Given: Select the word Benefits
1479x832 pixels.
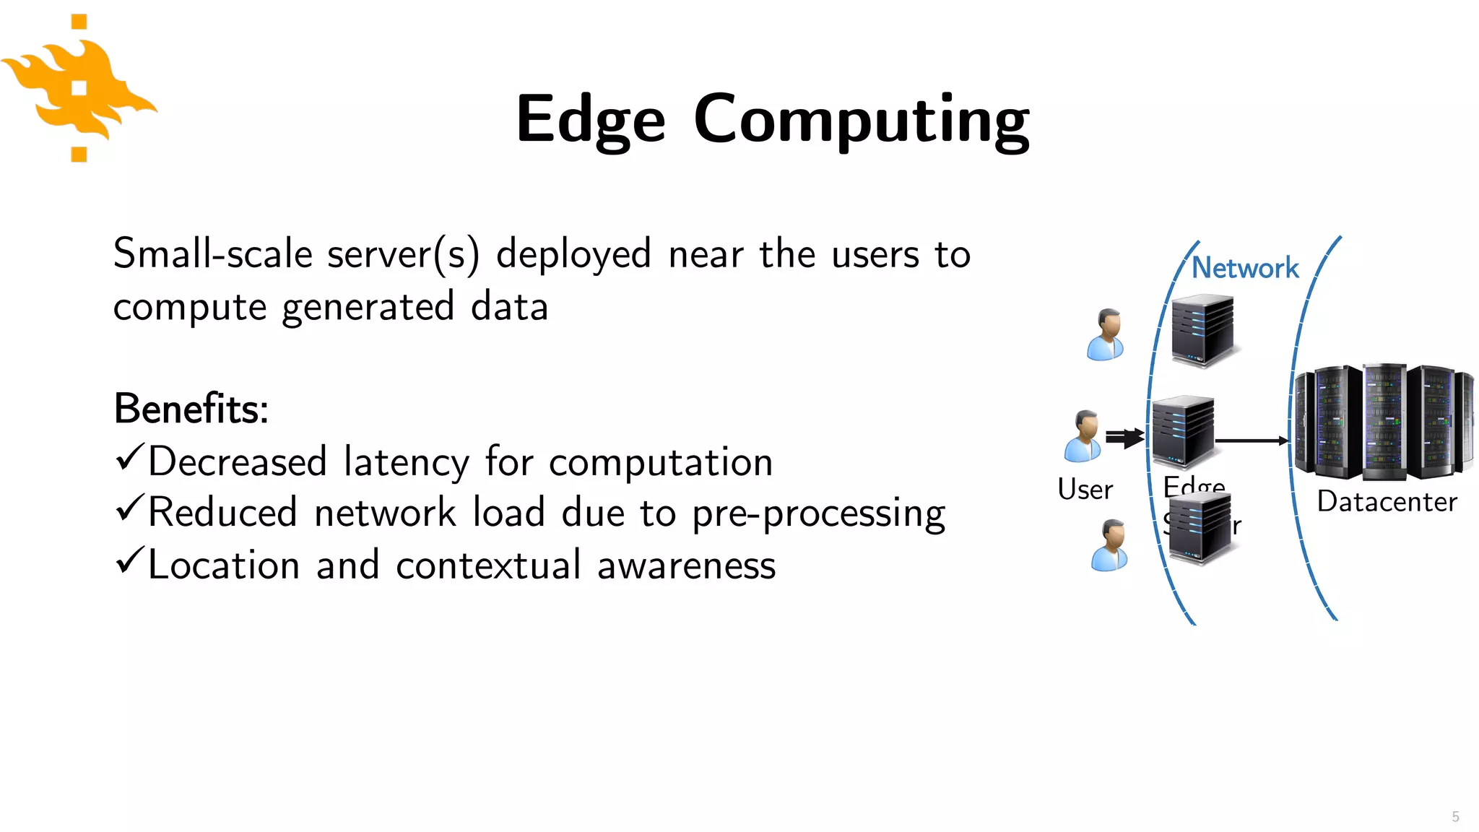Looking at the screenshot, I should pyautogui.click(x=191, y=409).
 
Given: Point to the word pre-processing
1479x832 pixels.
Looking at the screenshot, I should pyautogui.click(x=818, y=514).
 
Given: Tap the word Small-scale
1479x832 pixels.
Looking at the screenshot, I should pyautogui.click(x=212, y=254).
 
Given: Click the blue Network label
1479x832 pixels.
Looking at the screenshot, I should pyautogui.click(x=1244, y=268).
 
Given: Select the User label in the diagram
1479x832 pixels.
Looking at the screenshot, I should pyautogui.click(x=1085, y=490).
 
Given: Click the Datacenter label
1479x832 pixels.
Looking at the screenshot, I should pyautogui.click(x=1387, y=502).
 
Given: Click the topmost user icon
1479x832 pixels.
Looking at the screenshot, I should pyautogui.click(x=1106, y=334).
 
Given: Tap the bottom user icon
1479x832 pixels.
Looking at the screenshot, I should pyautogui.click(x=1110, y=545).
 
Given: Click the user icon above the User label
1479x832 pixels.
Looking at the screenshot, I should pyautogui.click(x=1083, y=435).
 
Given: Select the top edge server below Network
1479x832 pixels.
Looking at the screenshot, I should pyautogui.click(x=1202, y=330).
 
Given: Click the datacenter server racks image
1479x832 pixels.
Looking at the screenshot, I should pyautogui.click(x=1383, y=422).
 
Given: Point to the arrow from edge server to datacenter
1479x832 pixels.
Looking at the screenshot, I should pyautogui.click(x=1252, y=440).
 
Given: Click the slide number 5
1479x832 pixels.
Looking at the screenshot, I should pyautogui.click(x=1455, y=817).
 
